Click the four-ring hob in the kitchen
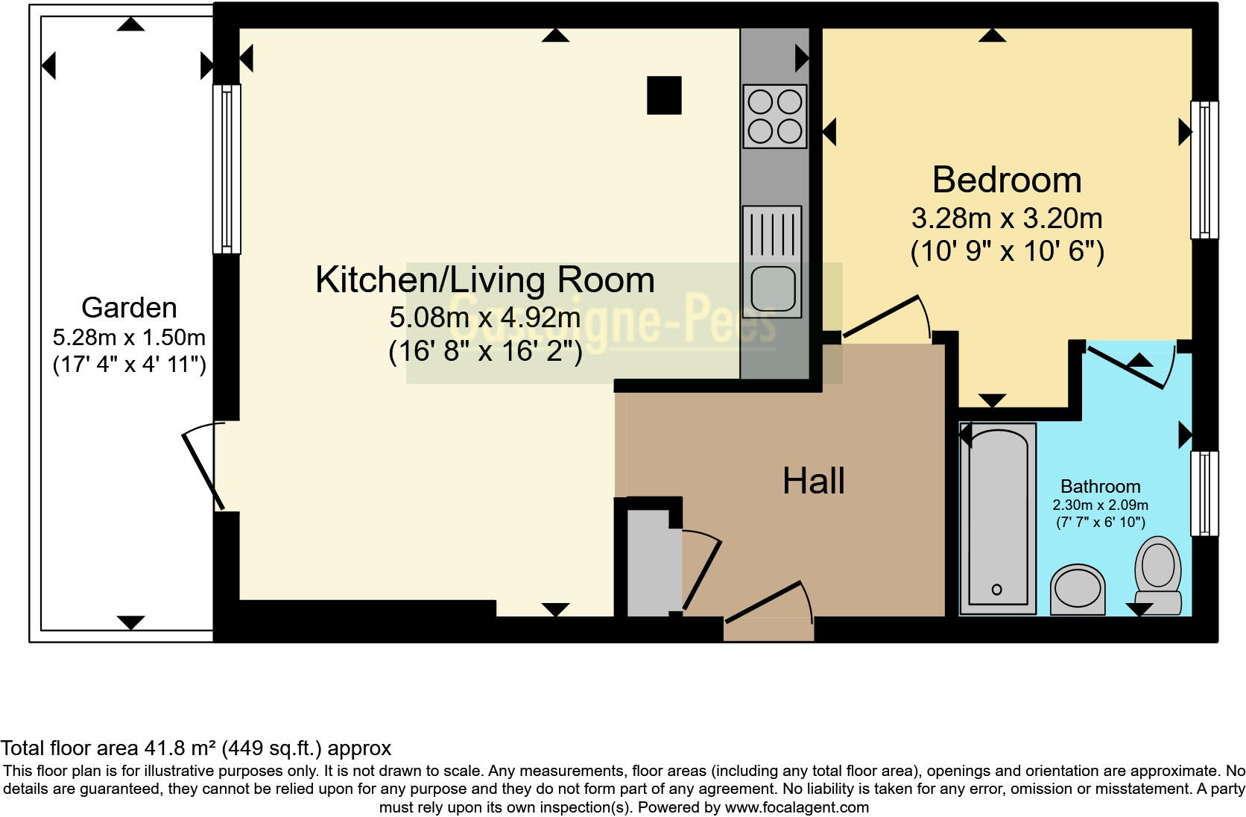click(775, 116)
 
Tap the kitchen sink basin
click(773, 288)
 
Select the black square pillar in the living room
click(664, 95)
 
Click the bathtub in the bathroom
click(997, 518)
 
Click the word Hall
click(813, 482)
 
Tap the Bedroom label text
click(1006, 180)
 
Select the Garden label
click(129, 307)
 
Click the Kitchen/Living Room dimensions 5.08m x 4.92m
click(484, 318)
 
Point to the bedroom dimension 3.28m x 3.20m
click(1006, 218)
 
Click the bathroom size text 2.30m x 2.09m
click(1100, 505)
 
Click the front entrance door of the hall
click(769, 603)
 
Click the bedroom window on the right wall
click(1204, 170)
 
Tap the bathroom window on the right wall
click(1204, 493)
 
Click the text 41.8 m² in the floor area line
click(177, 748)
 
